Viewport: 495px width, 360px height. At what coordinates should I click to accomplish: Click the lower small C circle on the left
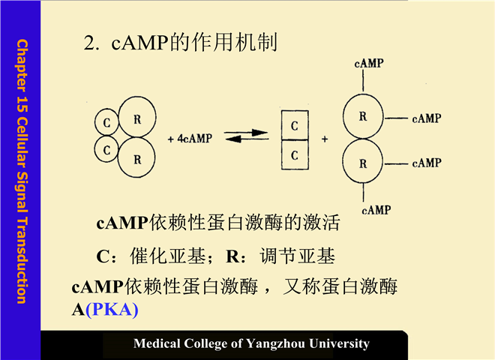pos(107,150)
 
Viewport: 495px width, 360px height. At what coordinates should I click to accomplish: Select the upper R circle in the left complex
pos(136,117)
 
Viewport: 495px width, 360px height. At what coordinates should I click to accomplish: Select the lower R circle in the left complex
pos(136,157)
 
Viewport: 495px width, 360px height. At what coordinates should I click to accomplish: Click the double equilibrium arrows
pos(245,137)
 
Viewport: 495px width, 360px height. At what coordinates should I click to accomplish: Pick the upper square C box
pos(295,125)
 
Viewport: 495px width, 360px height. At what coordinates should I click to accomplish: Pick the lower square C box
pos(295,155)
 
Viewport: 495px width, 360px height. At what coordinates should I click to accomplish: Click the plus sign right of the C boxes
pos(324,139)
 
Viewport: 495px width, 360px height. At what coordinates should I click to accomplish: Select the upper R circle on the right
pos(363,117)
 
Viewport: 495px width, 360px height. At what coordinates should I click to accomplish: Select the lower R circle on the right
pos(363,163)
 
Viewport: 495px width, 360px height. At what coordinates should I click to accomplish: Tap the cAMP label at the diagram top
pos(369,64)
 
